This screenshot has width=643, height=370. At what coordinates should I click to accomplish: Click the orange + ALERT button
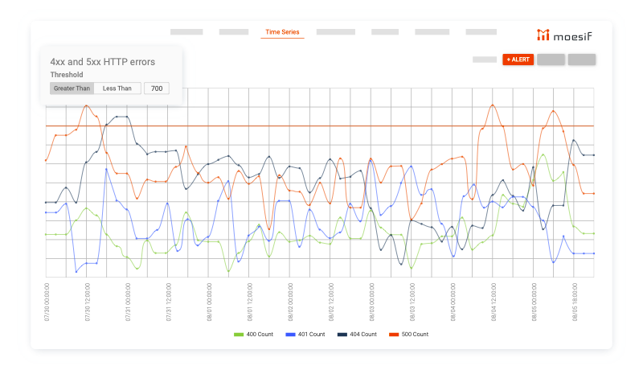(518, 60)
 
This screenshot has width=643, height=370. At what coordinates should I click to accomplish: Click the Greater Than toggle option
(72, 88)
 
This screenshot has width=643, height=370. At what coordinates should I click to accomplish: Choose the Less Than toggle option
(117, 88)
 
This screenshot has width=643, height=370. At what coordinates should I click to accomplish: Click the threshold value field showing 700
(156, 88)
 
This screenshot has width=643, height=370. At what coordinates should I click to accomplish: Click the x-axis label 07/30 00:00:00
(47, 302)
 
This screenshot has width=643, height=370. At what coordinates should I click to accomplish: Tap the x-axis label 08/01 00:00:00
(209, 302)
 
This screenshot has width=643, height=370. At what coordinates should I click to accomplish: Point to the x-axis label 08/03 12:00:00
(412, 302)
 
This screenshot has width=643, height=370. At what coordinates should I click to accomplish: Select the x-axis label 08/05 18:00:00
(575, 302)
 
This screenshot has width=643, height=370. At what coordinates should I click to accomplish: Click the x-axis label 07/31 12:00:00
(169, 302)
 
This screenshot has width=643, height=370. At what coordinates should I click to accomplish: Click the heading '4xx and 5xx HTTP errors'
(102, 61)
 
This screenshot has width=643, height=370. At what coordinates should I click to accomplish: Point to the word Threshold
(67, 75)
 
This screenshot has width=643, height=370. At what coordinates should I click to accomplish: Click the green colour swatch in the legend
(238, 334)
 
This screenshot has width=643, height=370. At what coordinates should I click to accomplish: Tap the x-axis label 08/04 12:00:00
(494, 302)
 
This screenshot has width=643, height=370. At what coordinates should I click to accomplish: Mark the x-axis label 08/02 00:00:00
(290, 302)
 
